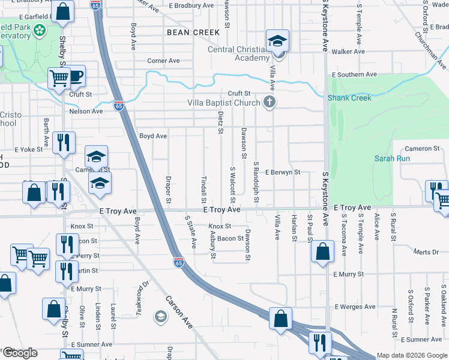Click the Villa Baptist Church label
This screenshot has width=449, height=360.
point(224,103)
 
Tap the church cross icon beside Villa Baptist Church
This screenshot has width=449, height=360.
point(270,102)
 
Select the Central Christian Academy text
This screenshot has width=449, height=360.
point(238,53)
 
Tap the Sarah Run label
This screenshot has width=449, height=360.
point(392,158)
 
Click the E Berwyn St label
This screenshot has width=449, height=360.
point(282,172)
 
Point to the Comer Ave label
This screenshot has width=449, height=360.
point(164,61)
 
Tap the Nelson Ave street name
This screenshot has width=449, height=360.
point(86,111)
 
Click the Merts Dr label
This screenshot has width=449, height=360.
point(426,253)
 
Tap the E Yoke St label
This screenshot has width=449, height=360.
point(26,149)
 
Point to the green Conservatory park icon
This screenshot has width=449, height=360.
point(40,29)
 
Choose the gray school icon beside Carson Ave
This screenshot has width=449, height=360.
point(160,316)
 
